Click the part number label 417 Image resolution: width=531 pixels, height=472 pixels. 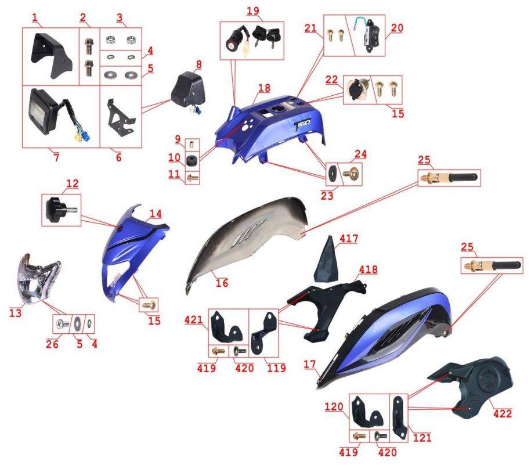pos(349,239)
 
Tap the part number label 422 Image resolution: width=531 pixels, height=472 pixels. pos(503,413)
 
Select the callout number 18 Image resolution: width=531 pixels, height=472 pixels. pos(264,88)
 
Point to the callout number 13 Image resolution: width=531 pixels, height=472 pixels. pos(15,313)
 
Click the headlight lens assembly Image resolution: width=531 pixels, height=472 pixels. pos(38,279)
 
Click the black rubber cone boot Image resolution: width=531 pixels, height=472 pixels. pos(326,260)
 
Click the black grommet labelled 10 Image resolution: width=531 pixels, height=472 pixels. pos(192,161)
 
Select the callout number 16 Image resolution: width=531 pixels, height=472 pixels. pos(222,283)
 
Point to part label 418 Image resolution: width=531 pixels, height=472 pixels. pos(368,269)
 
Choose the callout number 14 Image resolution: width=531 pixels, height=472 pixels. pos(156,214)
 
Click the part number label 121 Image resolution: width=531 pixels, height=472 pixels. pos(422,438)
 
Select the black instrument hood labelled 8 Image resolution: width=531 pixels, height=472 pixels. pos(187,89)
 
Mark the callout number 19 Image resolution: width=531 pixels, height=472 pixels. pos(252,10)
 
